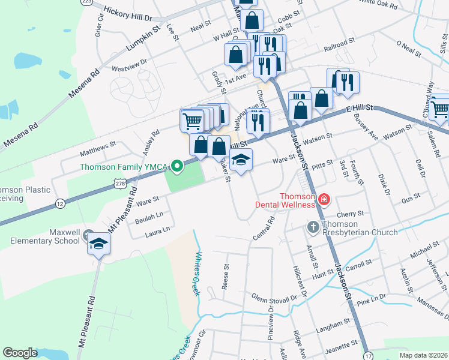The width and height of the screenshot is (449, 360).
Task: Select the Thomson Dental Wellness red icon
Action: coord(324,199)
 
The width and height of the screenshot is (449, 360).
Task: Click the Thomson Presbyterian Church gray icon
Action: coord(313,227)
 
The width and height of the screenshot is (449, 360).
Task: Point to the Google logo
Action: coord(20,353)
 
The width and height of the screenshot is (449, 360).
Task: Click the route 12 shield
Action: coord(60,204)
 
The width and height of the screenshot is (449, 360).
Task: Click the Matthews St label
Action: coord(98,147)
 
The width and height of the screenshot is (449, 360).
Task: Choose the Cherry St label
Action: coord(351,214)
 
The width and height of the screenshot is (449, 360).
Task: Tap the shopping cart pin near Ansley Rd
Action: coord(192,121)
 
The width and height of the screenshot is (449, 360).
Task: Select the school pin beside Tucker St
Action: coord(241,161)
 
